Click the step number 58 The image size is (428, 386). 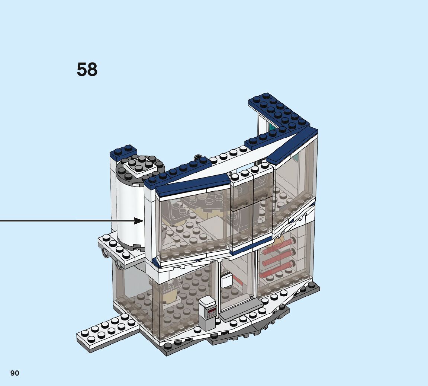pyautogui.click(x=87, y=70)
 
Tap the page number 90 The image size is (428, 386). pyautogui.click(x=15, y=373)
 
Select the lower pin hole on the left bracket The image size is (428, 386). pyautogui.click(x=119, y=265)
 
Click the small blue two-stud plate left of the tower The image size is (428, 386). pyautogui.click(x=123, y=150)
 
